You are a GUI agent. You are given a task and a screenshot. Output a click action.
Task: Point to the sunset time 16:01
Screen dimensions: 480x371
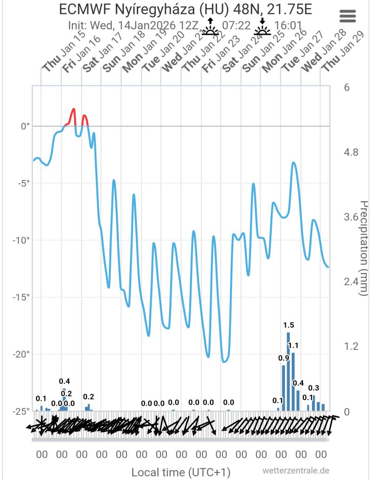pyautogui.click(x=286, y=25)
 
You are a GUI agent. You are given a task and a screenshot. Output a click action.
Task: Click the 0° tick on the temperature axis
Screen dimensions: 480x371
pyautogui.click(x=24, y=126)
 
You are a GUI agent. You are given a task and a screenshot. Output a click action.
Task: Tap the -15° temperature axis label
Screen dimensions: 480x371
pyautogui.click(x=21, y=297)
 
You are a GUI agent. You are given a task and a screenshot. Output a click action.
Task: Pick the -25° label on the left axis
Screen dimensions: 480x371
pyautogui.click(x=21, y=411)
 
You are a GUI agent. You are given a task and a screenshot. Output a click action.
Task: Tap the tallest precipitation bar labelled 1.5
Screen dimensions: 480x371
pyautogui.click(x=288, y=371)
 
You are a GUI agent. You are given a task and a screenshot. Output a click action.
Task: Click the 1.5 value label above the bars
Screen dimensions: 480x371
pyautogui.click(x=288, y=325)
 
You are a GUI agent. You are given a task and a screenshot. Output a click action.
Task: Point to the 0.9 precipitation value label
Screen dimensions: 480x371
pyautogui.click(x=283, y=358)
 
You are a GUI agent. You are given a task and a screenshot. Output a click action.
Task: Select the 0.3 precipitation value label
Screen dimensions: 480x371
pyautogui.click(x=313, y=388)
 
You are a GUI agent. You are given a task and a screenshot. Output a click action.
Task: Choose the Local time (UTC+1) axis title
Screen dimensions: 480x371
pyautogui.click(x=181, y=472)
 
